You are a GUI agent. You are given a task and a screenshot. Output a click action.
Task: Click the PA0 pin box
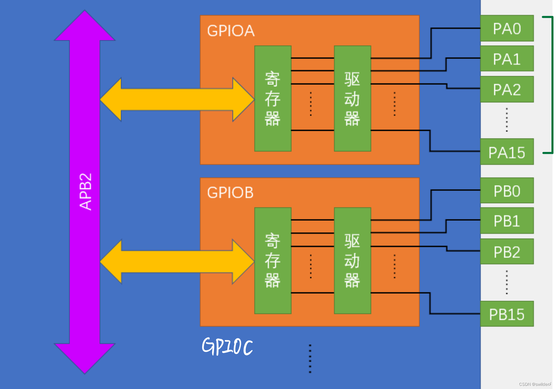point(507,28)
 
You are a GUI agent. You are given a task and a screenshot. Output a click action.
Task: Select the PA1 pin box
point(507,59)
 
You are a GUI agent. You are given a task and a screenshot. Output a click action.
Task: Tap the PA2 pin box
point(507,89)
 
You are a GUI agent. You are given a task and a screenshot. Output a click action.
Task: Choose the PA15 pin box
point(507,152)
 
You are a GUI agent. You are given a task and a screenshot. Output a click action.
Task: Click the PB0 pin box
point(507,191)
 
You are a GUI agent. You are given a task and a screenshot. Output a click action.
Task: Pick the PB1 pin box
point(507,221)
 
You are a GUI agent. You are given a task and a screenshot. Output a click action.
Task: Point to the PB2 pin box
point(507,252)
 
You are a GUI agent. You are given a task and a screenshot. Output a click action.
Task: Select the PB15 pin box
point(507,314)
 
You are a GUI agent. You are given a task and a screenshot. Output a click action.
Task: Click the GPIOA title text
point(231,31)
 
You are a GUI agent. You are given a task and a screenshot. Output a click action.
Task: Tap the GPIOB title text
point(230,193)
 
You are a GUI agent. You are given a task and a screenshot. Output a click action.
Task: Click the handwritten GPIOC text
point(227,346)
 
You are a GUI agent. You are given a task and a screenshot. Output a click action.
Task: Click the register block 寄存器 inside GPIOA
point(273,99)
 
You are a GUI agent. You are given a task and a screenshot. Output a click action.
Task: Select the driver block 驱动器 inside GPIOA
point(352,99)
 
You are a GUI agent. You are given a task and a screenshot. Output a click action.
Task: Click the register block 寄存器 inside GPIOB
point(273,260)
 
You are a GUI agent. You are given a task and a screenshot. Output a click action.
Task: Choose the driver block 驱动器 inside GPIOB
point(352,260)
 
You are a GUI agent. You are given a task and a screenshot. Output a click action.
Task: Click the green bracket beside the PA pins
point(552,85)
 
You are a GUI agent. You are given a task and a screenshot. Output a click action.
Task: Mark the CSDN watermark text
point(535,384)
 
